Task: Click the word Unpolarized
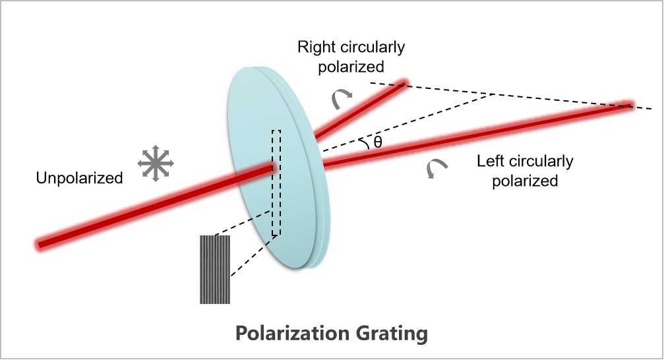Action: (x=80, y=177)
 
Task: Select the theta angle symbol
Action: (x=377, y=140)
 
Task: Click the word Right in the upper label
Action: (x=315, y=47)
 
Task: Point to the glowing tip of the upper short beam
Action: (x=404, y=84)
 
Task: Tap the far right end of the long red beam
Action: (x=629, y=105)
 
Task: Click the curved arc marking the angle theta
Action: (x=362, y=142)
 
